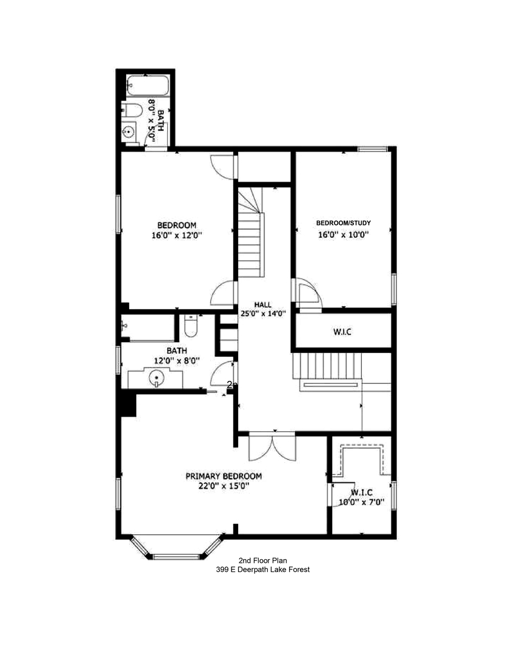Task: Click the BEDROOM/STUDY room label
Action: click(344, 223)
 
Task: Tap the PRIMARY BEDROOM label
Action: click(224, 476)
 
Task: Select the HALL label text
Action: click(263, 305)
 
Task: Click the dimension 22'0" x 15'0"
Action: click(224, 486)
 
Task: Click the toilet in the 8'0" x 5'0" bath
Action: click(132, 110)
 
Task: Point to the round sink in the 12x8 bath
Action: click(156, 378)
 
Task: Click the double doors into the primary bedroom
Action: click(271, 448)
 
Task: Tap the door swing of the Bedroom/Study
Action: click(308, 294)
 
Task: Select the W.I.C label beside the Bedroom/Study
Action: click(342, 332)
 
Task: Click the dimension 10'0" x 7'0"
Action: click(362, 502)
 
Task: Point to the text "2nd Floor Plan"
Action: click(262, 561)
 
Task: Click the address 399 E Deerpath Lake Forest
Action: click(262, 570)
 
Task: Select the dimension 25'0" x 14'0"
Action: click(263, 314)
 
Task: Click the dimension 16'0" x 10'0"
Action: click(344, 235)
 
